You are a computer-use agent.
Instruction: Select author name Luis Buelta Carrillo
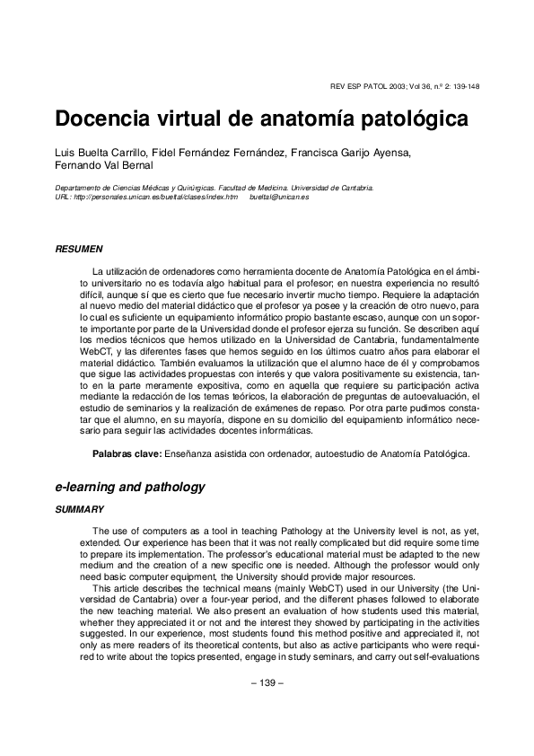point(99,152)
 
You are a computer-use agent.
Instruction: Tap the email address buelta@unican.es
point(279,197)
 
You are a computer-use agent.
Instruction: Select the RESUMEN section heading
point(79,248)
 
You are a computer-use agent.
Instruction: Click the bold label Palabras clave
point(127,455)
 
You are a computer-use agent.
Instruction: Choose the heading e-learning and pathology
point(130,488)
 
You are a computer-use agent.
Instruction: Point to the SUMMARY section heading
point(80,509)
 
